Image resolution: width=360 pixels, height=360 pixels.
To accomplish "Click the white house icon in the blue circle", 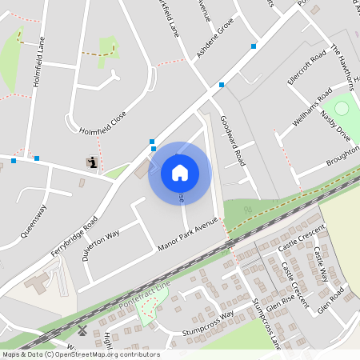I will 180,172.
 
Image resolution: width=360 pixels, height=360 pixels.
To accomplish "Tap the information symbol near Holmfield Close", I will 93,163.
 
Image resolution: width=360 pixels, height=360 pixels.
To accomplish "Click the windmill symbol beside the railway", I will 82,330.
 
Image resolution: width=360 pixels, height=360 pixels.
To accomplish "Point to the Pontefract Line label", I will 142,297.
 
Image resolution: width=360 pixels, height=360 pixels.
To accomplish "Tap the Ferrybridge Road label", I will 82,233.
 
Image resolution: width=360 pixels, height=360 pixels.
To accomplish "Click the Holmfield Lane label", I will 38,65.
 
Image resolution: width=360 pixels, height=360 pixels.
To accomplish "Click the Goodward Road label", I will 231,138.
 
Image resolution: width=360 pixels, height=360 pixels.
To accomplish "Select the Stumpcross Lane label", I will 266,323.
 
